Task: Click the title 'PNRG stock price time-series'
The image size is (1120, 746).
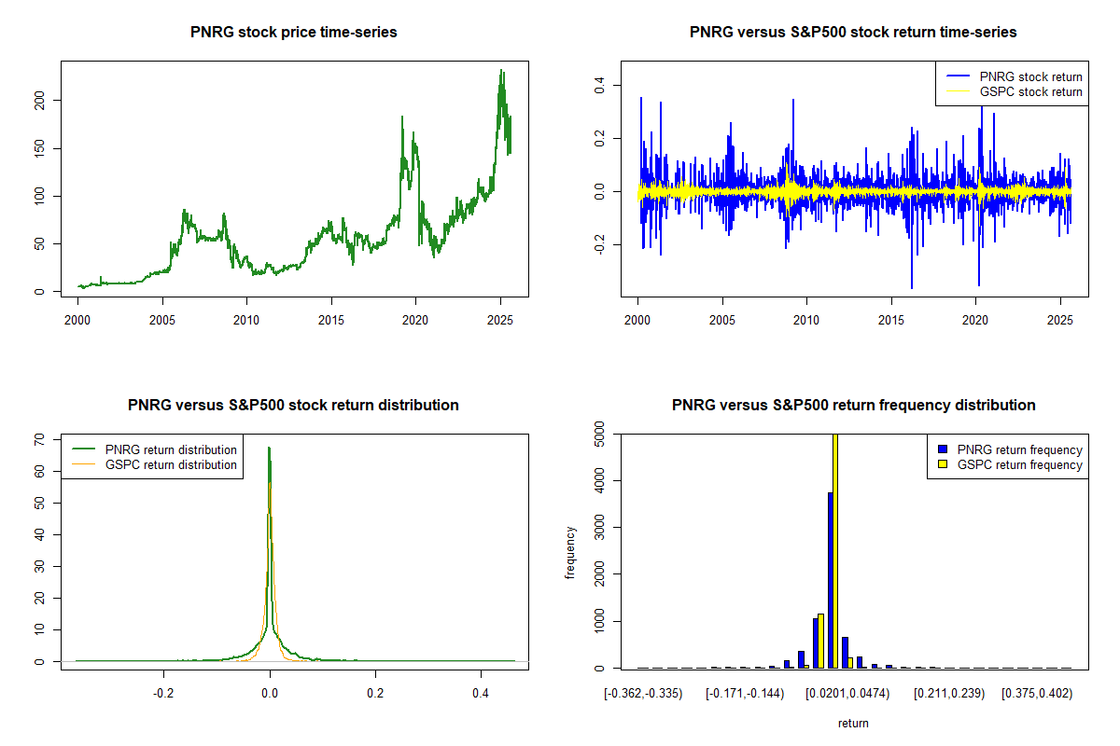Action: tap(294, 33)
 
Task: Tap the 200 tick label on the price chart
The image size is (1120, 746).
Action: tap(40, 100)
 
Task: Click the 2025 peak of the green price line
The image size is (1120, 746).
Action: tap(501, 71)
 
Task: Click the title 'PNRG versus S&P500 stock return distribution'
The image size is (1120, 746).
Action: tap(293, 406)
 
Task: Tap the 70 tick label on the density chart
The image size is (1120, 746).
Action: tap(40, 439)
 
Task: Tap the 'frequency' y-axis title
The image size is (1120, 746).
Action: tap(570, 552)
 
